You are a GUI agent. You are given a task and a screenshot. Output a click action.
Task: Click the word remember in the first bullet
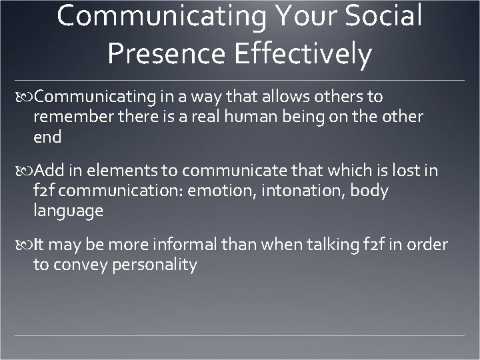click(69, 117)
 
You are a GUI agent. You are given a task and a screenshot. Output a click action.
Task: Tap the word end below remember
click(47, 137)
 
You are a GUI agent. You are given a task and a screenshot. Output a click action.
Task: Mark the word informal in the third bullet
click(171, 245)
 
